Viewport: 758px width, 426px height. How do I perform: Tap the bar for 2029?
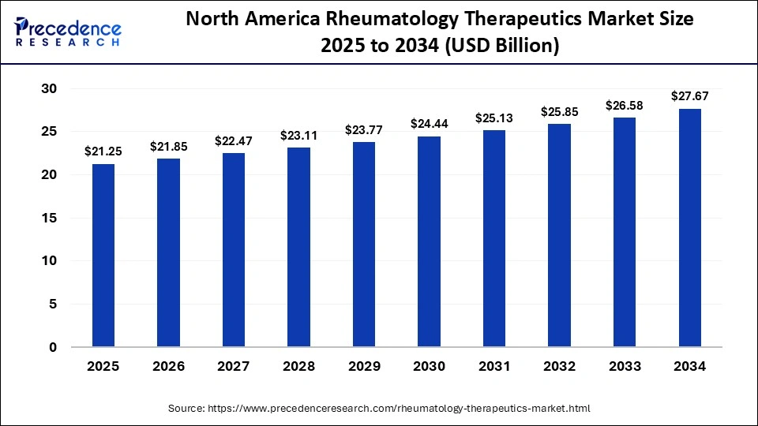[x=364, y=244]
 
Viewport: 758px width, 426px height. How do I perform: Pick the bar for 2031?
[x=494, y=238]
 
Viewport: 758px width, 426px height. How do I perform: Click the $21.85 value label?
[x=168, y=146]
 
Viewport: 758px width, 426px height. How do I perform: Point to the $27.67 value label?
[x=690, y=96]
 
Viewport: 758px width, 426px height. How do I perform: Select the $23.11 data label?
[x=298, y=136]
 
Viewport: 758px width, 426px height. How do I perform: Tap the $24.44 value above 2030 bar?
[x=429, y=124]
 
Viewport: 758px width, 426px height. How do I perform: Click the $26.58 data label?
[x=625, y=105]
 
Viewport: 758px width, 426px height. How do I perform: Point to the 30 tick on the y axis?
[x=49, y=88]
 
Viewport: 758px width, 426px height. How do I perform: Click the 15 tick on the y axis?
[x=49, y=218]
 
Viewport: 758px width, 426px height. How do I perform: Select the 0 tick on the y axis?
[x=53, y=347]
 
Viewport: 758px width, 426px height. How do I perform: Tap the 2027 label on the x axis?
[x=234, y=367]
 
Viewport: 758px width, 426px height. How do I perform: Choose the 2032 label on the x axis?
[x=560, y=367]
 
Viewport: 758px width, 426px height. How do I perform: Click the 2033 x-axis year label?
[x=625, y=367]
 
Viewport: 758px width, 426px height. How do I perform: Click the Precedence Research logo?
[x=68, y=32]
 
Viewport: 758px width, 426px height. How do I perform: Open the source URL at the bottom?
[x=379, y=409]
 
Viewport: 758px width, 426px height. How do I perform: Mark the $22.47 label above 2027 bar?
[x=234, y=140]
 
